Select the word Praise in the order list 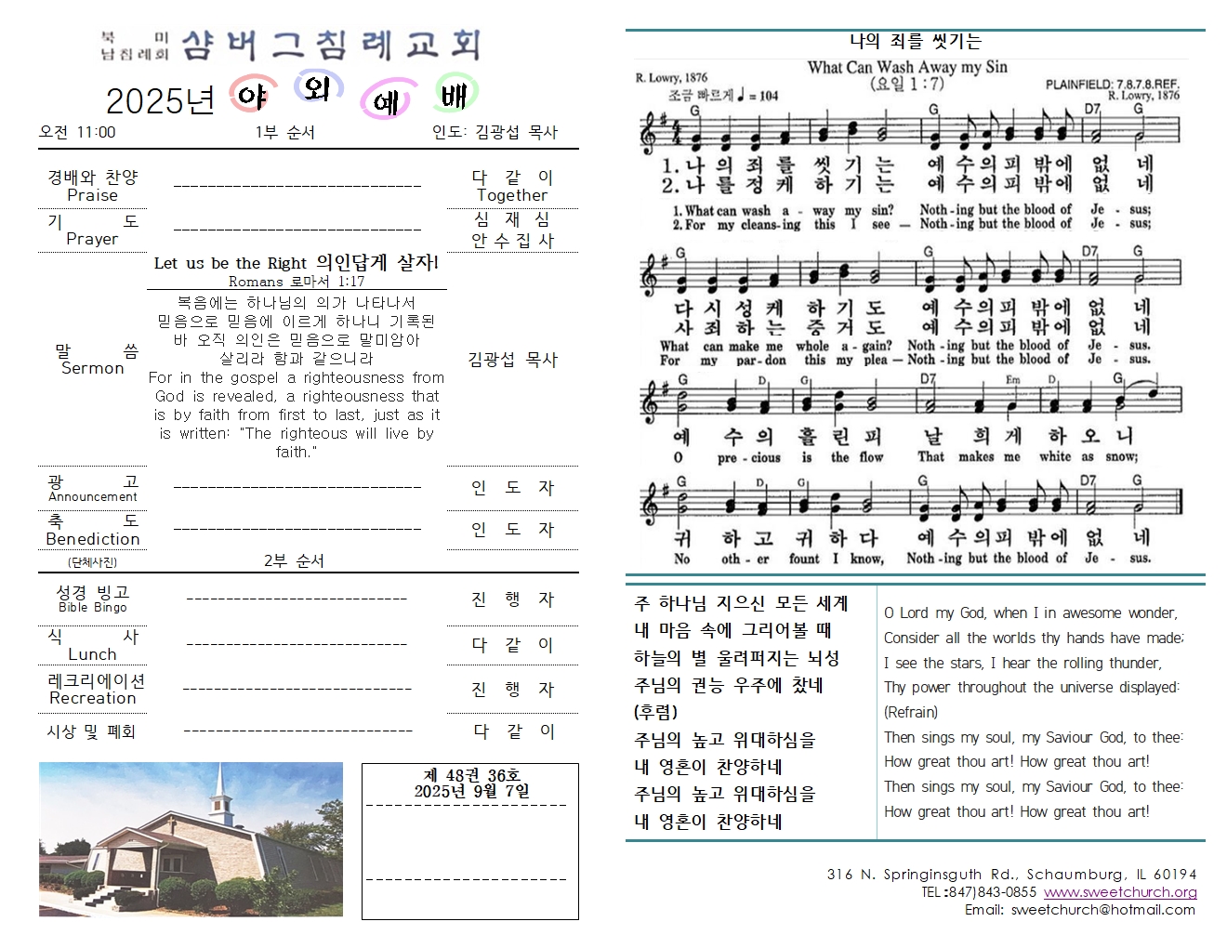[x=92, y=195]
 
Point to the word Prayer [x=92, y=239]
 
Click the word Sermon [x=92, y=368]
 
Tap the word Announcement [x=92, y=496]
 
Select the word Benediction [x=92, y=539]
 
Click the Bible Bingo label [x=92, y=607]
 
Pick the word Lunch [x=92, y=654]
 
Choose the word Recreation [x=92, y=698]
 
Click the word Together [x=511, y=195]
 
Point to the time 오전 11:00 [x=77, y=132]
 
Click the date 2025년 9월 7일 [x=471, y=791]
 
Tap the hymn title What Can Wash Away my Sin [x=906, y=67]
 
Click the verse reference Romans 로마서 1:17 [x=297, y=281]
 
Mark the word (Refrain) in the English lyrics [x=910, y=712]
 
